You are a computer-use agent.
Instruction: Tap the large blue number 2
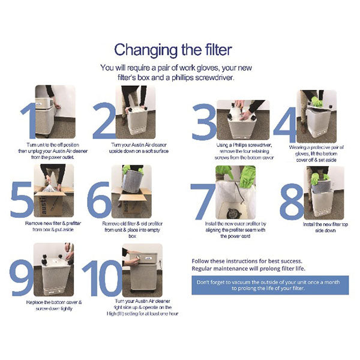tap(103, 121)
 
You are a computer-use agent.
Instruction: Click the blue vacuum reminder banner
tap(269, 285)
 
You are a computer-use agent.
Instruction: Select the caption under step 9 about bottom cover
tap(54, 305)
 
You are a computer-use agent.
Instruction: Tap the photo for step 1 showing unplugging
tap(55, 112)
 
